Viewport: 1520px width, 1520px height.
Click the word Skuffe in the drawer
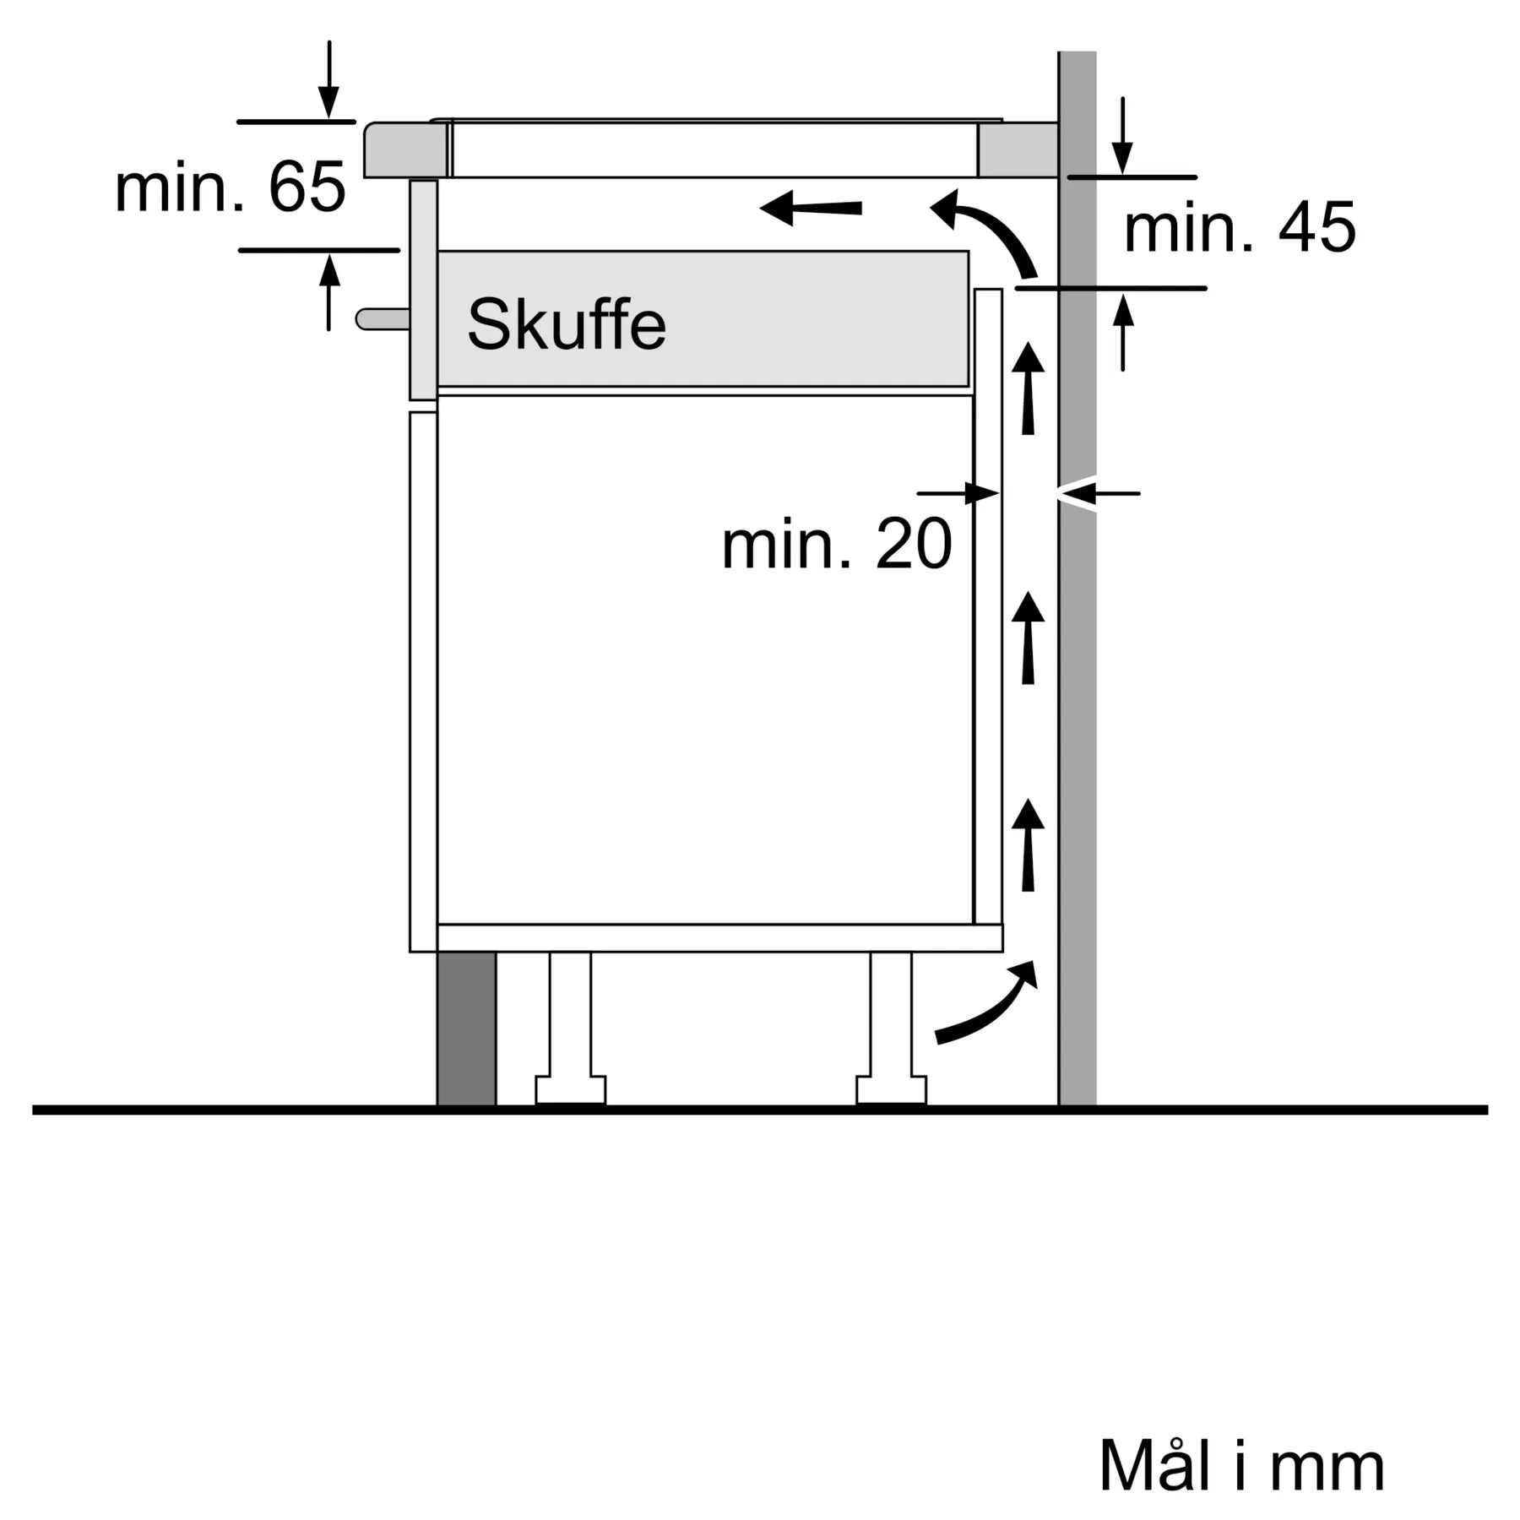567,324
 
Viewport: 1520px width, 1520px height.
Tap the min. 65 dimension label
230,187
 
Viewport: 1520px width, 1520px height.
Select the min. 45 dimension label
1239,228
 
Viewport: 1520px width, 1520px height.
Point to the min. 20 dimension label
836,545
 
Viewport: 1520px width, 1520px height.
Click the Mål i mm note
1241,1466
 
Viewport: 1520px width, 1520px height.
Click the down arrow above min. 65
328,80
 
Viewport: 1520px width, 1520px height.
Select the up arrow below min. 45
1122,334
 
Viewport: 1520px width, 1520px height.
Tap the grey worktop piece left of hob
405,150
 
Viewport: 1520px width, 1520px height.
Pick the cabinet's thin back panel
988,608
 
